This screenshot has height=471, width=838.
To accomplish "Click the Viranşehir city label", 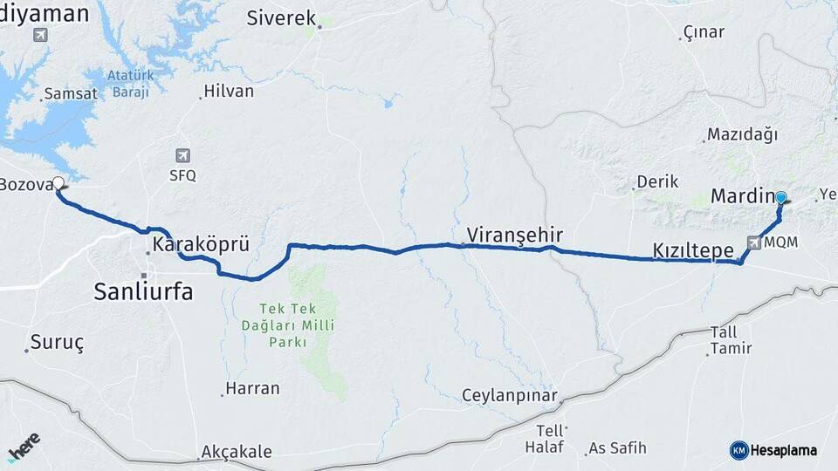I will pyautogui.click(x=514, y=235).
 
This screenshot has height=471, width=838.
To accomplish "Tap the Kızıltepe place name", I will pyautogui.click(x=693, y=250).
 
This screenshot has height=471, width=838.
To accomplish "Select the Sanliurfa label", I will pyautogui.click(x=143, y=292).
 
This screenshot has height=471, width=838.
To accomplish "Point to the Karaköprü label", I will pyautogui.click(x=201, y=245).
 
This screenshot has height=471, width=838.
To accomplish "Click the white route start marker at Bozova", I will pyautogui.click(x=58, y=183).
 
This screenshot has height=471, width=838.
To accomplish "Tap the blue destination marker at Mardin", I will pyautogui.click(x=781, y=198).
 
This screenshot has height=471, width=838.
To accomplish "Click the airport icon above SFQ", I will pyautogui.click(x=182, y=155).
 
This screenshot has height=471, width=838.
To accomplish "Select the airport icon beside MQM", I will pyautogui.click(x=753, y=242).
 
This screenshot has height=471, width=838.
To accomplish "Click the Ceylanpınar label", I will pyautogui.click(x=509, y=395).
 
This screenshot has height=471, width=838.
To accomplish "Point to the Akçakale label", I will pyautogui.click(x=236, y=452).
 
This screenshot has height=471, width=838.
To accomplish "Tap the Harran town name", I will pyautogui.click(x=252, y=388).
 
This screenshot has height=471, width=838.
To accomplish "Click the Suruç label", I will pyautogui.click(x=57, y=342).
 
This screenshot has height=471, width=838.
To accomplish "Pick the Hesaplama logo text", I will pyautogui.click(x=783, y=450).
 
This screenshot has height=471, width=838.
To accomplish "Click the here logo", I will pyautogui.click(x=24, y=447).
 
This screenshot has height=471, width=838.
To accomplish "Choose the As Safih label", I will pyautogui.click(x=617, y=448).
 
